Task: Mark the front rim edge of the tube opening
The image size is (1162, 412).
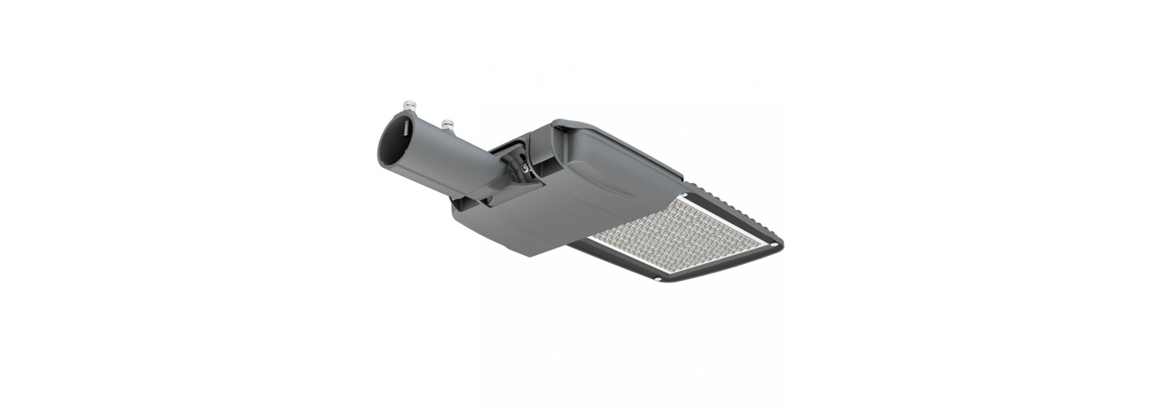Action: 381,151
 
